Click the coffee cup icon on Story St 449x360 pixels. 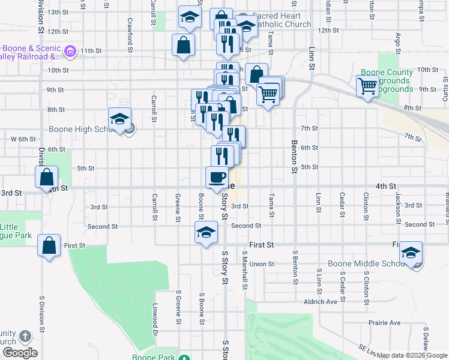[x=217, y=177]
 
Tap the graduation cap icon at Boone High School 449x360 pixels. [x=119, y=118]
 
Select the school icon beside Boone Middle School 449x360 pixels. [x=411, y=253]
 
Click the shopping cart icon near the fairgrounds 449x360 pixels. [x=367, y=86]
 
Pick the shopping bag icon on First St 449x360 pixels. [x=49, y=245]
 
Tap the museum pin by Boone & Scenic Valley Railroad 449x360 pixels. [x=70, y=52]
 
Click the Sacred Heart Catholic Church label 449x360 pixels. [x=281, y=20]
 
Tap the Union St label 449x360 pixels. [x=262, y=264]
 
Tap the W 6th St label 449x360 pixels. [x=24, y=139]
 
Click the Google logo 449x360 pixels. [x=20, y=353]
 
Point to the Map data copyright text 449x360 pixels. [x=412, y=355]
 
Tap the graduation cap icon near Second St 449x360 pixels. [x=205, y=232]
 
